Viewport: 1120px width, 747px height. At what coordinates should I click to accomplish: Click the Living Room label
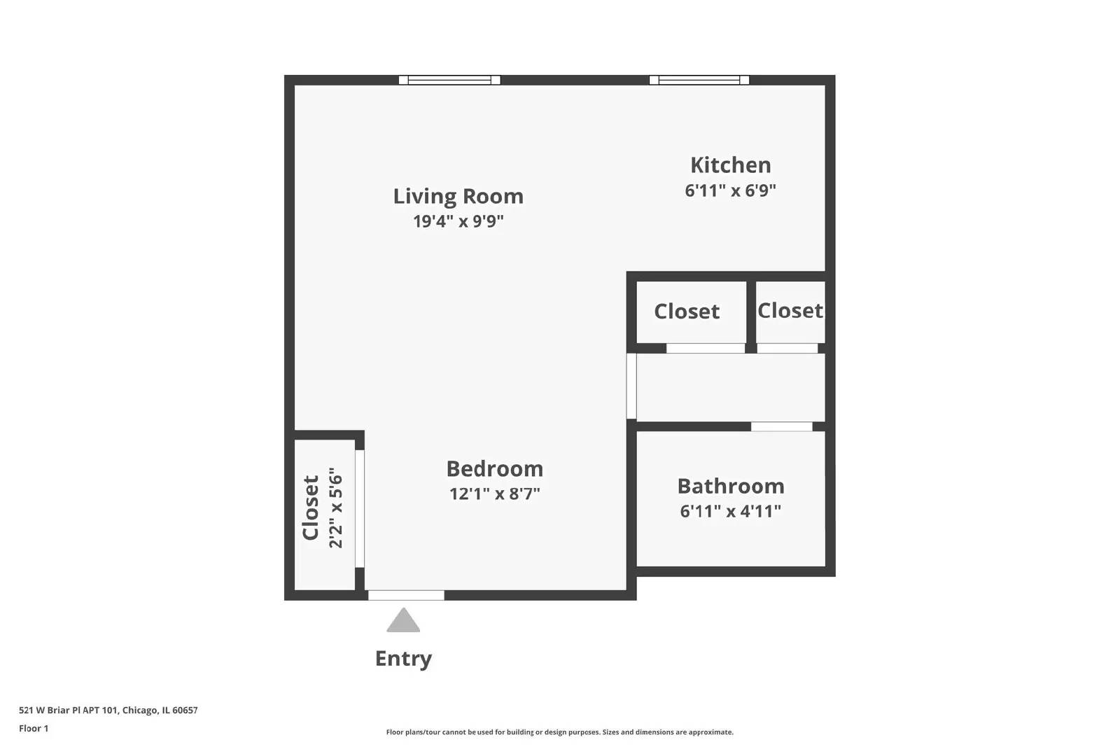458,197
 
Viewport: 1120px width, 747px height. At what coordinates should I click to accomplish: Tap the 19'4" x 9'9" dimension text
458,222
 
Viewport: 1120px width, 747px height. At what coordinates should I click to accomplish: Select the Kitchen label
730,165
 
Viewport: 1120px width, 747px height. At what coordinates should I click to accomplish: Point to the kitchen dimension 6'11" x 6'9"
730,190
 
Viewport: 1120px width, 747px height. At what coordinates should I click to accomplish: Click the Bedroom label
494,468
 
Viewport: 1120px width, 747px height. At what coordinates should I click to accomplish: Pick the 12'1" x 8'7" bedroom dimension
494,494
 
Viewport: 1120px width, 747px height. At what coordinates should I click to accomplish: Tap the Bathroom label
730,486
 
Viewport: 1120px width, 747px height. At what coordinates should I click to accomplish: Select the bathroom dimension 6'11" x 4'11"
730,511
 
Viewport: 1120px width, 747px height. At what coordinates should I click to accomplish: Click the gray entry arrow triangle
403,621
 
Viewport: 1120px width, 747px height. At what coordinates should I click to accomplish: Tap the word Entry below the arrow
403,658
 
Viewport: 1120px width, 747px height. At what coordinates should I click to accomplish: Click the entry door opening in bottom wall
406,595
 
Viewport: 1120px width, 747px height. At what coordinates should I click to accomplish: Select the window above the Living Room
449,80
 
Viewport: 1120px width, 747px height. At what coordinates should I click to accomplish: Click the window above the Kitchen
699,80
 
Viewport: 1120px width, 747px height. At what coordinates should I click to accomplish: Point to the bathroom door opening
781,426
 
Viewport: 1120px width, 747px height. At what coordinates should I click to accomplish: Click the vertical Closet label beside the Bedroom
311,508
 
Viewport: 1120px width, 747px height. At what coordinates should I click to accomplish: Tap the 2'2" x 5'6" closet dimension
336,508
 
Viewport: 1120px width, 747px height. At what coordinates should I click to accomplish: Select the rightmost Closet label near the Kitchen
790,310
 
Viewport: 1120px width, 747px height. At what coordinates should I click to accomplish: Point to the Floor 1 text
34,728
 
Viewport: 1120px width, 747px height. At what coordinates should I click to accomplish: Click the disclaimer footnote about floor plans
559,732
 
